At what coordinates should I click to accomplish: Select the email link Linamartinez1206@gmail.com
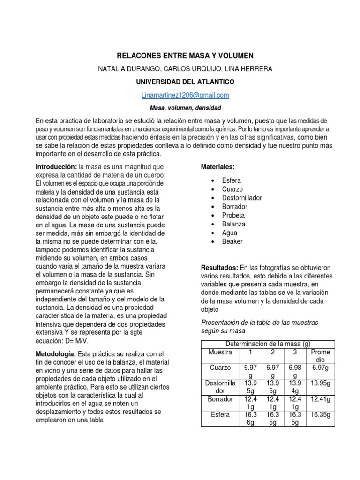point(185,95)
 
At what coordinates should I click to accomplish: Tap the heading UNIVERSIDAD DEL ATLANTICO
point(185,82)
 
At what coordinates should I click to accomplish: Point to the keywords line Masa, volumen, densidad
point(185,108)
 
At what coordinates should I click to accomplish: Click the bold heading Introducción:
point(56,167)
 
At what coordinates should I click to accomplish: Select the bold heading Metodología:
point(56,354)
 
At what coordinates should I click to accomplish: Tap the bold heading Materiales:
point(218,167)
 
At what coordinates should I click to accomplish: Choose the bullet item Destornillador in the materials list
point(242,198)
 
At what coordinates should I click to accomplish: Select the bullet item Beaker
point(232,241)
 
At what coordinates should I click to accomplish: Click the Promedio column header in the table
point(321,355)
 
